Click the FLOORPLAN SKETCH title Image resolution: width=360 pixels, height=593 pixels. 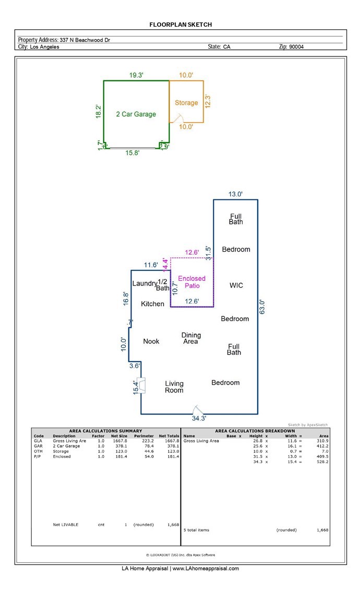pos(181,25)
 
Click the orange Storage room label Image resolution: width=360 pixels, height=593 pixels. pos(186,103)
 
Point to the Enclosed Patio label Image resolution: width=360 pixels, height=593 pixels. pos(192,282)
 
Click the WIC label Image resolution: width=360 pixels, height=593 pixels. pos(236,286)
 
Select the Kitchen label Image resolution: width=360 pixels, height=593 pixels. pos(153,304)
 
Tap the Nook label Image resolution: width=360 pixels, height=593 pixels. pos(151,341)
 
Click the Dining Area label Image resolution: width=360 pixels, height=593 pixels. pos(191,338)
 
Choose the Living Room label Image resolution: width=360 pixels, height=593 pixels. pos(174,387)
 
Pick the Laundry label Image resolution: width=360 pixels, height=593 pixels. pos(144,283)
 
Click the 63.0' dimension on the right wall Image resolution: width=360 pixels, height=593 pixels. pos(262,306)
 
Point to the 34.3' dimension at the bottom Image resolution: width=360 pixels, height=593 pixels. pos(199,418)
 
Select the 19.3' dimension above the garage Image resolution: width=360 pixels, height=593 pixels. pos(137,76)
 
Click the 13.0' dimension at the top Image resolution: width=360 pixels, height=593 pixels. pos(235,194)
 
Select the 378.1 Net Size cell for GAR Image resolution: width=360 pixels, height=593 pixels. pos(120,446)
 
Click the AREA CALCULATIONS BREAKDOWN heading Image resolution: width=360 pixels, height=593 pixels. pos(255,431)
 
